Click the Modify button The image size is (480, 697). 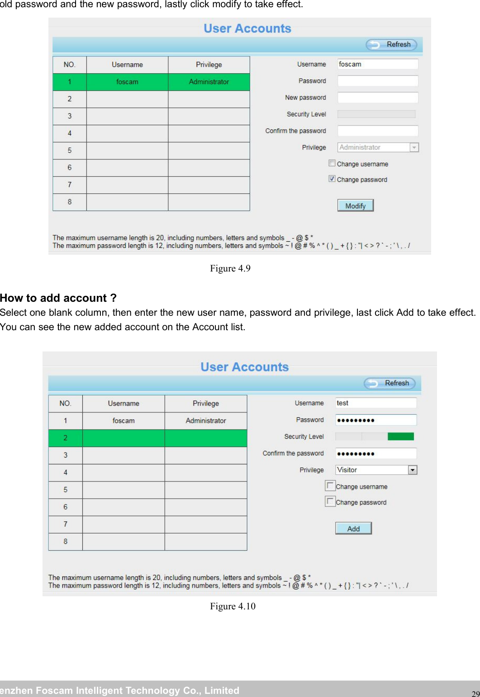click(x=355, y=206)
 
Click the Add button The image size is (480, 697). click(x=353, y=529)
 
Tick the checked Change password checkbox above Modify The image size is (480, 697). click(x=332, y=179)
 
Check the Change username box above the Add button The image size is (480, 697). click(x=330, y=486)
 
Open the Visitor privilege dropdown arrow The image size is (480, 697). click(x=412, y=470)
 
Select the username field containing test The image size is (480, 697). click(x=375, y=403)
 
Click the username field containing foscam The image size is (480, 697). click(x=377, y=64)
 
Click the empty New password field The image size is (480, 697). click(x=377, y=98)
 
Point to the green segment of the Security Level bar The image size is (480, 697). click(x=400, y=436)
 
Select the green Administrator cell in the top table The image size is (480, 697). click(x=209, y=82)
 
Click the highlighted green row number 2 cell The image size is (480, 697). click(x=66, y=438)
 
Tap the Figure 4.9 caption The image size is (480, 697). click(x=230, y=268)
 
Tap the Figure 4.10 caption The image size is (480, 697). click(x=233, y=606)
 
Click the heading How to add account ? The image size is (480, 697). click(x=58, y=298)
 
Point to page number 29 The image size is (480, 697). click(x=475, y=693)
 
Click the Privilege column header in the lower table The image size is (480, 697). click(x=206, y=403)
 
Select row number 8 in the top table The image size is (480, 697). click(x=70, y=202)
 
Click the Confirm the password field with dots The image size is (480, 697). click(x=375, y=454)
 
